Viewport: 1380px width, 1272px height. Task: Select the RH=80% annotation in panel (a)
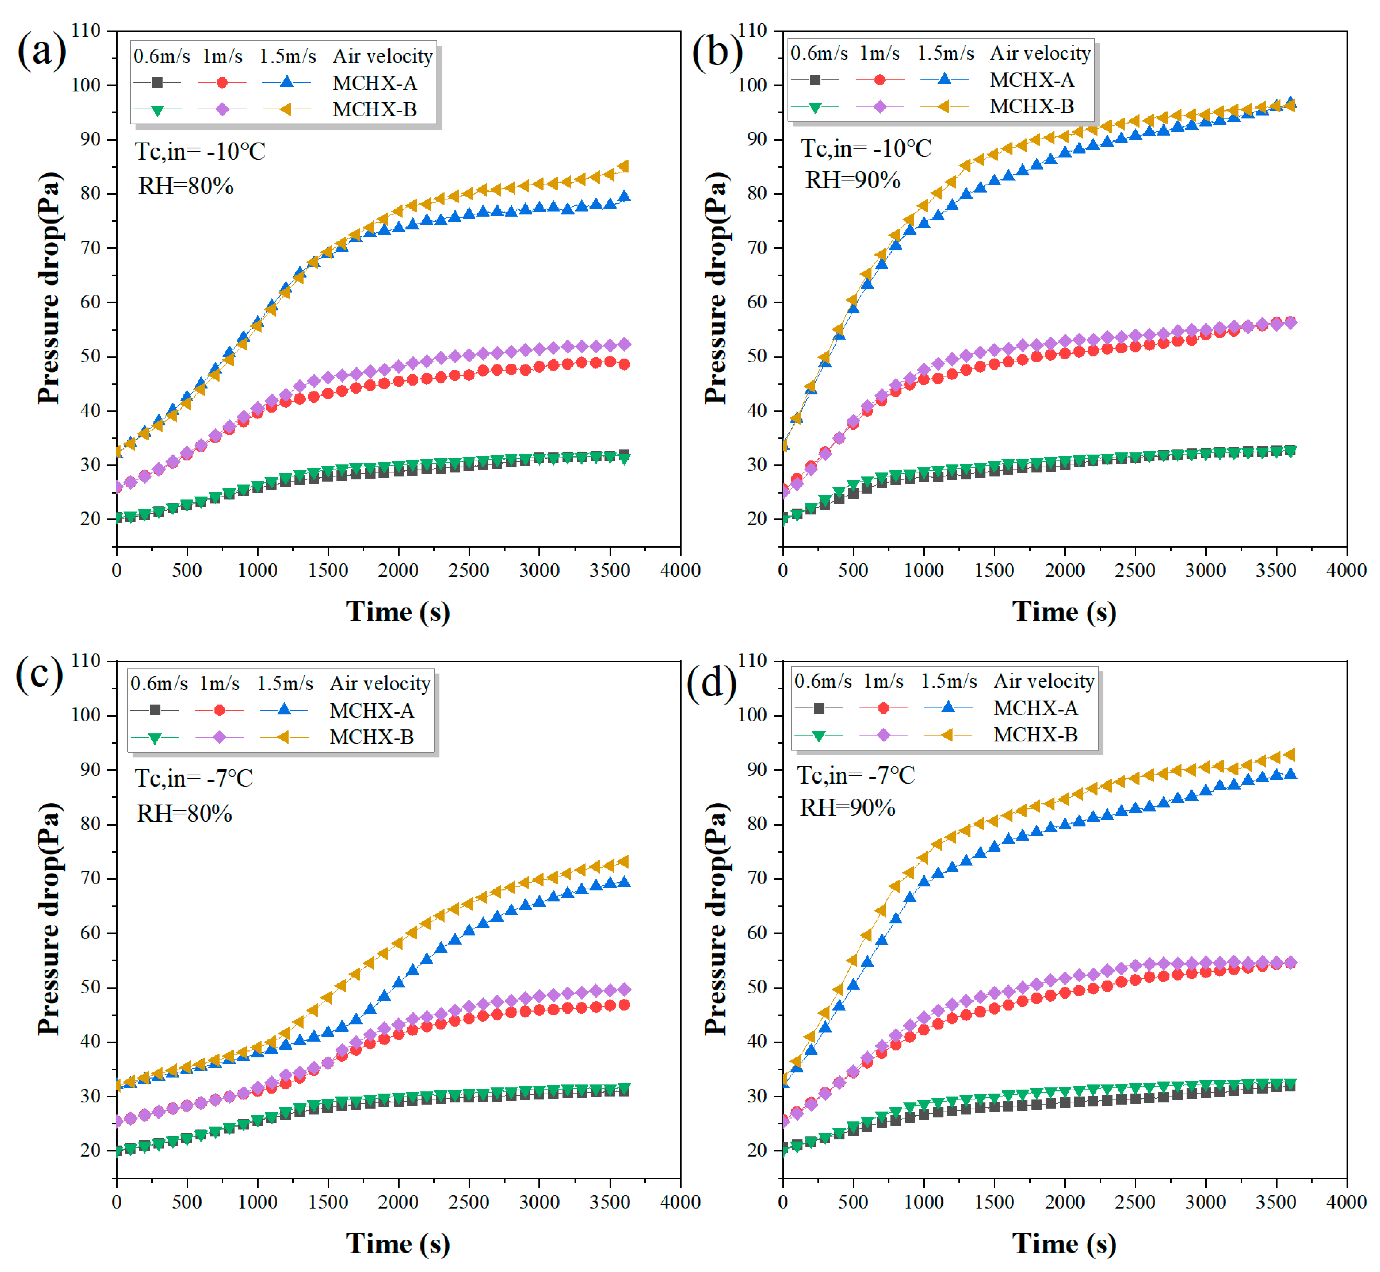coord(186,186)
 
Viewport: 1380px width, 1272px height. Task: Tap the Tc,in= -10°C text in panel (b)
coord(866,148)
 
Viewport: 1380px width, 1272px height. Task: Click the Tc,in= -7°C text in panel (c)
coord(194,778)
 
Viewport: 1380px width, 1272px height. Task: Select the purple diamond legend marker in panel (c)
coord(219,737)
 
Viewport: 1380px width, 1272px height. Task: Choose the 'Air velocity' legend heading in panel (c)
coord(381,683)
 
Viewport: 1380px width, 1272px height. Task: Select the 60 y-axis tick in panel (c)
coord(90,933)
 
